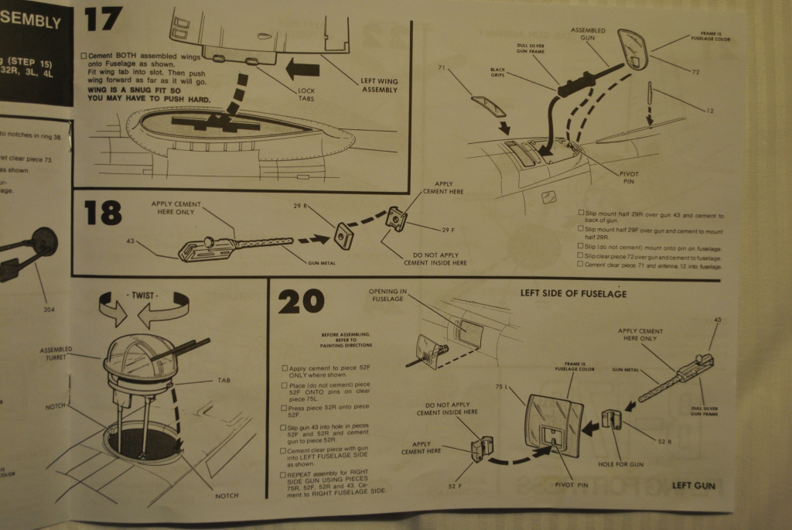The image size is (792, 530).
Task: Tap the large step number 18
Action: tap(104, 211)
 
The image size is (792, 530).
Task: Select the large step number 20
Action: tap(300, 300)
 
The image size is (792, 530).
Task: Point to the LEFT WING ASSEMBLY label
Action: tap(379, 84)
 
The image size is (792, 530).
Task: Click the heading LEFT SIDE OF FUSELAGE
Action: tap(573, 293)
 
